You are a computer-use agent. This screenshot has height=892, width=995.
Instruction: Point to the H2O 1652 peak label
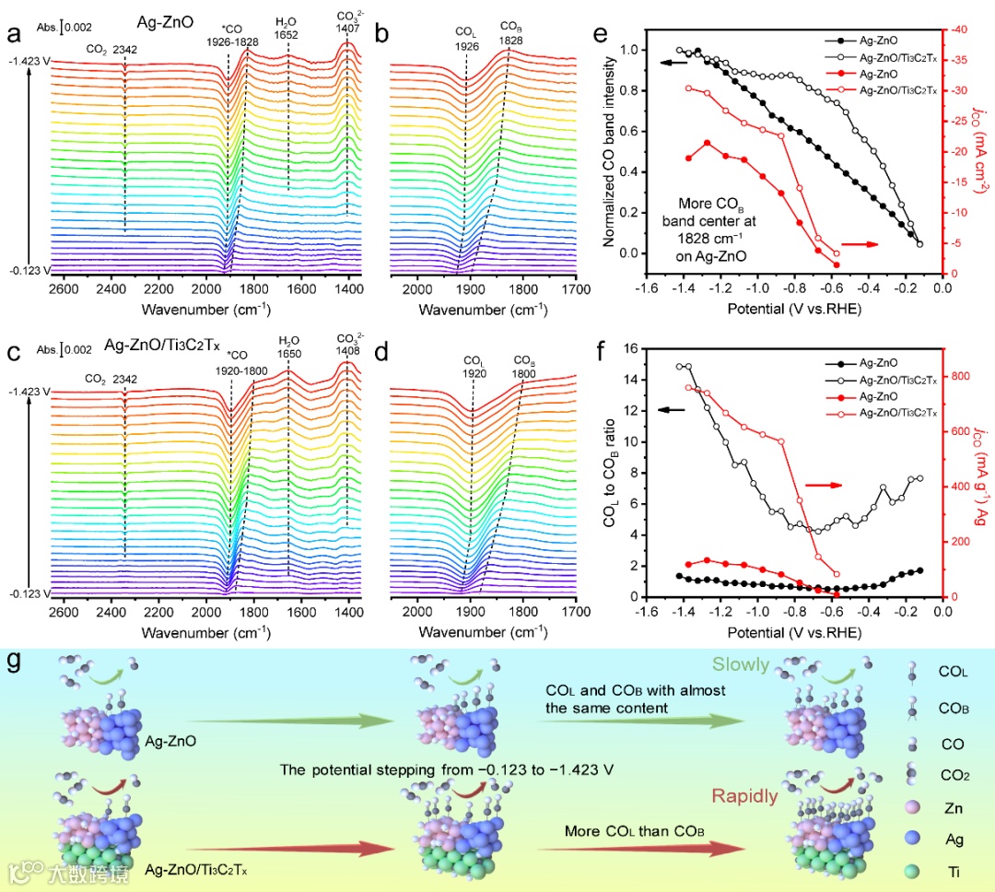point(287,28)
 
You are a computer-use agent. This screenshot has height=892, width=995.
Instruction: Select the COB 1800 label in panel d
point(525,366)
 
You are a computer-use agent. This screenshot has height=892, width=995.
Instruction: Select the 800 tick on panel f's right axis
point(966,376)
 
